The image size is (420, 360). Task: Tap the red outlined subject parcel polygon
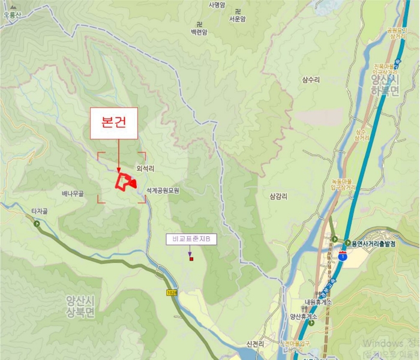tap(125, 181)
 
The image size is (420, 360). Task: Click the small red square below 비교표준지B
tap(191, 259)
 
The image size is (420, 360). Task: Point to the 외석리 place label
tap(145, 169)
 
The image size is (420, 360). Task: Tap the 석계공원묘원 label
tap(163, 190)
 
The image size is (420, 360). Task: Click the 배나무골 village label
tap(73, 194)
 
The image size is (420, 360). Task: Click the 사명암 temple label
tap(217, 5)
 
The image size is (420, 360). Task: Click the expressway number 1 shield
tap(341, 256)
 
